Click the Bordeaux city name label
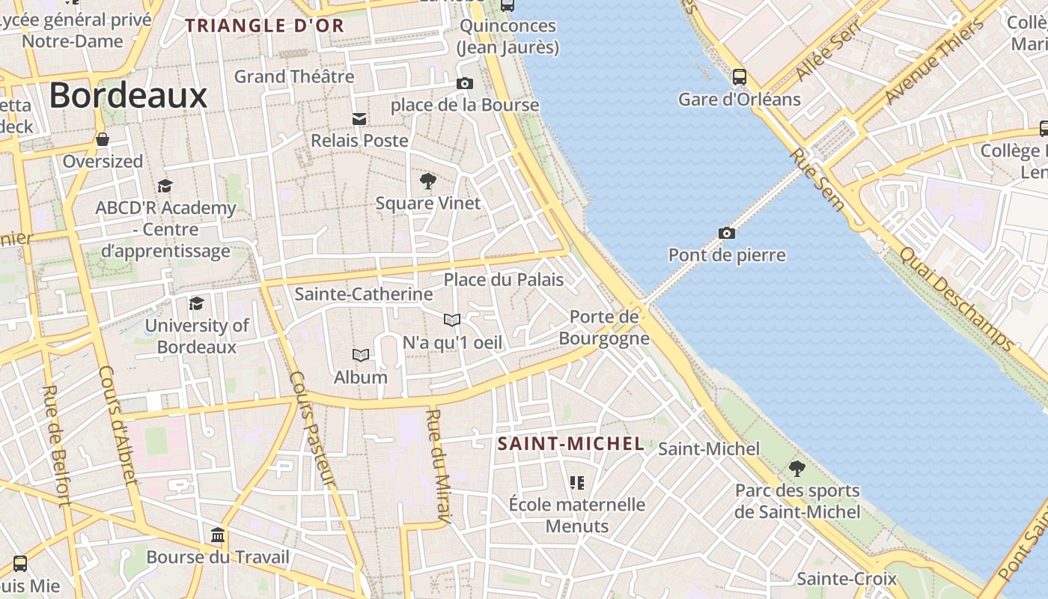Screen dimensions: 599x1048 point(128,96)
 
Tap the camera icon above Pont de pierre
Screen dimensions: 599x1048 point(726,234)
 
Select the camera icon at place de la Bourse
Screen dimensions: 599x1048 point(465,83)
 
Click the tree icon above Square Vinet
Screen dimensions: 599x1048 point(428,180)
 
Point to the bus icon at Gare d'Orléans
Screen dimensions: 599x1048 point(740,76)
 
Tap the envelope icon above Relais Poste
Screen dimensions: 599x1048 point(359,118)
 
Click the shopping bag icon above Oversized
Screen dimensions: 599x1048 point(103,139)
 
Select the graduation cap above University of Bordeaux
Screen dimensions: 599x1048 point(196,303)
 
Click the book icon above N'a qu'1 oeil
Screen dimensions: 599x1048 point(451,320)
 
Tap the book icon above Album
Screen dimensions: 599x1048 point(361,355)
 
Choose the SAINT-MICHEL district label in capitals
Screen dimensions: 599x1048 point(571,444)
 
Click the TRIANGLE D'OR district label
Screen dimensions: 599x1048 point(265,25)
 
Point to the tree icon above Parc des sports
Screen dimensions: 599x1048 point(797,469)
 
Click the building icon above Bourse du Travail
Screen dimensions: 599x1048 point(218,535)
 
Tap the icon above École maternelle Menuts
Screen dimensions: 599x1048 point(576,483)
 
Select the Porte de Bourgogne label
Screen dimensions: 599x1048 point(604,327)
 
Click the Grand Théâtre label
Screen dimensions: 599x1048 point(294,76)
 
